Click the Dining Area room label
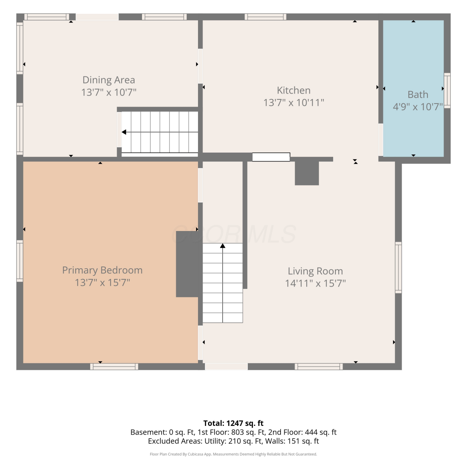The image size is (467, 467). tap(109, 80)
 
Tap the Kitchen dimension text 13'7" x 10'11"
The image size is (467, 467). tap(294, 102)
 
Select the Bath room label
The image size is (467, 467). tap(418, 94)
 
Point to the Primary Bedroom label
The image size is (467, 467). tap(102, 270)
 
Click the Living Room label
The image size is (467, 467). tap(315, 271)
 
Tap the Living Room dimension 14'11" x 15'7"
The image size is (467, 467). tap(315, 283)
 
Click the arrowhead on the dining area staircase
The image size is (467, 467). tap(124, 132)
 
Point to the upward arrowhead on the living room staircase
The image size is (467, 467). tap(223, 246)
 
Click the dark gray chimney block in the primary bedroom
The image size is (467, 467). tap(187, 264)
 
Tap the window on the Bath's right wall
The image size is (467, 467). tap(447, 91)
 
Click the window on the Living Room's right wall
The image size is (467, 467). tap(398, 267)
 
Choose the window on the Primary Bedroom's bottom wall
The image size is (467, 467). tap(114, 366)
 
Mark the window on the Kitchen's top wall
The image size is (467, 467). tap(266, 17)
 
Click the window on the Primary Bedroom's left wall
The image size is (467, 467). tap(20, 261)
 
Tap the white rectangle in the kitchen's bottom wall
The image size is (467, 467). tap(271, 157)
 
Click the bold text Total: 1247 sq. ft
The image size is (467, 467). tap(233, 423)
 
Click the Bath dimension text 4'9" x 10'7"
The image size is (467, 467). tap(418, 107)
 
